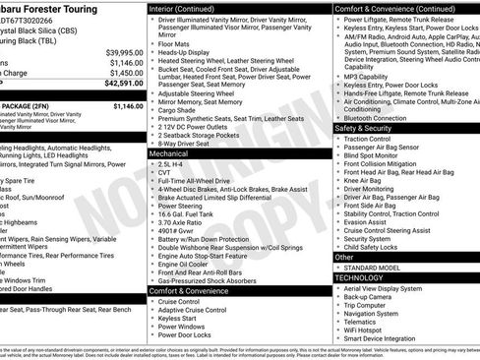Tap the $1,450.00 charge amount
126,73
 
